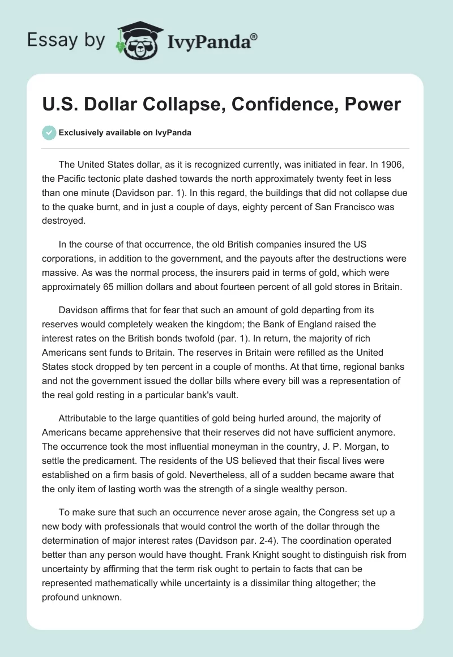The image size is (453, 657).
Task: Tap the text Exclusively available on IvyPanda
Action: (125, 133)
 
